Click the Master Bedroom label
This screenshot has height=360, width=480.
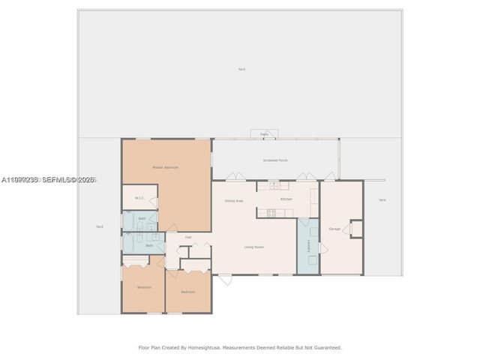[x=165, y=167]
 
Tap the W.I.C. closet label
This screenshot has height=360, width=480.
[x=139, y=198]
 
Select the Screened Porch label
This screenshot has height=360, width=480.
[x=275, y=160]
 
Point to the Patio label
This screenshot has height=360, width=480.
[x=264, y=134]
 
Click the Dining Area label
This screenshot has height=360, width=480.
[x=233, y=201]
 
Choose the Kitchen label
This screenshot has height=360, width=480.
[x=286, y=199]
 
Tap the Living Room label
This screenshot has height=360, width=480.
[x=253, y=247]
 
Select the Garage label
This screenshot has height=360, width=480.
[x=334, y=229]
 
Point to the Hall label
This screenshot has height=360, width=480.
[x=188, y=237]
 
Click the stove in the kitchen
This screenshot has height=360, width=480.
[x=271, y=213]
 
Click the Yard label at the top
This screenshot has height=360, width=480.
[x=241, y=69]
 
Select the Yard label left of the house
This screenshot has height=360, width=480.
[x=99, y=226]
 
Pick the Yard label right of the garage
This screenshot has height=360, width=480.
[x=382, y=199]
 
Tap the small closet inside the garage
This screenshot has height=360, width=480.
[x=355, y=228]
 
